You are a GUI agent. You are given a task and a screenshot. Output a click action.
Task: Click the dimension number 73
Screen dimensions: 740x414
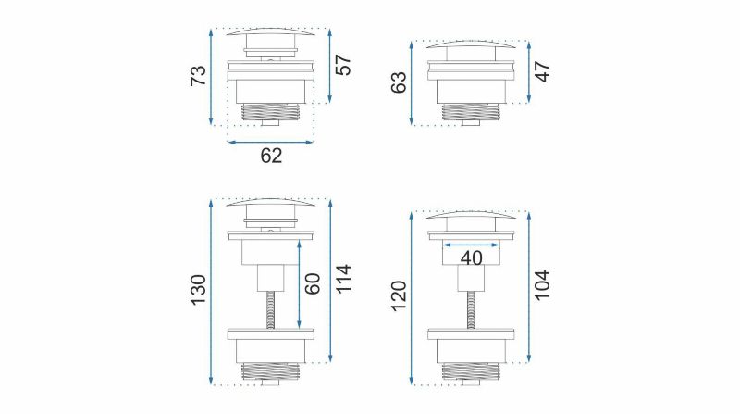click(198, 76)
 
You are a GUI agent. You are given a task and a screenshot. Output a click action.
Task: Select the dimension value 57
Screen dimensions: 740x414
click(343, 65)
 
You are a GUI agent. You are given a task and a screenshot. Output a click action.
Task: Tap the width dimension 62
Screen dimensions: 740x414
click(271, 156)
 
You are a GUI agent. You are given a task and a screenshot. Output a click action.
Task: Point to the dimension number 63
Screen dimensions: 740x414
click(399, 82)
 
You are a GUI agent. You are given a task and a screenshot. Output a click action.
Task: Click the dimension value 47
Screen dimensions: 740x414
click(543, 71)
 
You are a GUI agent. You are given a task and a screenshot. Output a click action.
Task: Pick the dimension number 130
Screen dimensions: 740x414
click(199, 290)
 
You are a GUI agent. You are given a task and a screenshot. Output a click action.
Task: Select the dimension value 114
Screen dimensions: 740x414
click(343, 279)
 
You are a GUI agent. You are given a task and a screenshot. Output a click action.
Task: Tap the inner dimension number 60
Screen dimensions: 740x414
click(313, 283)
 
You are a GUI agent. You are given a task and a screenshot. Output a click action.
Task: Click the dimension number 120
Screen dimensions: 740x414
click(399, 295)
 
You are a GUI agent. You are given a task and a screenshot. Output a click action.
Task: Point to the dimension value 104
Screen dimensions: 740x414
click(543, 284)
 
